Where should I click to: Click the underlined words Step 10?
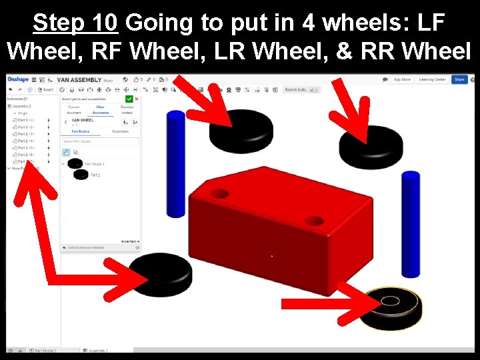(x=75, y=23)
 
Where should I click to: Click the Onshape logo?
(x=17, y=79)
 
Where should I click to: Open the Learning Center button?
(x=432, y=79)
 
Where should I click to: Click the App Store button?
(x=402, y=79)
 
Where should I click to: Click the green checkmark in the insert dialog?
(x=129, y=99)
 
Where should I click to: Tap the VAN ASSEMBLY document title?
(x=79, y=79)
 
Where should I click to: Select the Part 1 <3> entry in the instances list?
(x=26, y=134)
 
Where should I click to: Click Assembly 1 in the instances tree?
(x=22, y=106)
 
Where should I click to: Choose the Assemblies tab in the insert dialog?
(x=120, y=131)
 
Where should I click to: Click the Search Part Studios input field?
(x=100, y=141)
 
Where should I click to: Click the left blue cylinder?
(x=176, y=163)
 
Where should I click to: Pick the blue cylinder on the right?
(x=411, y=223)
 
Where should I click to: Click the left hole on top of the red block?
(x=219, y=195)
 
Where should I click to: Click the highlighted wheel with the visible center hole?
(x=390, y=306)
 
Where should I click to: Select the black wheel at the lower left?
(x=160, y=273)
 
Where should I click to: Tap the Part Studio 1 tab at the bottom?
(x=45, y=350)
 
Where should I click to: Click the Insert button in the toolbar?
(x=47, y=89)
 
